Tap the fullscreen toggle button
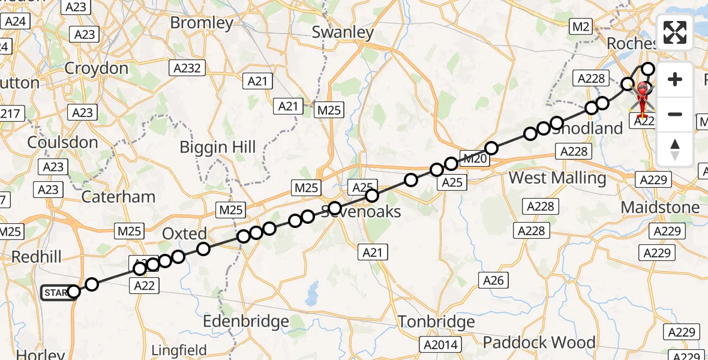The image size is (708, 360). [x=675, y=32]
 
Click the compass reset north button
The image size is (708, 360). [x=675, y=149]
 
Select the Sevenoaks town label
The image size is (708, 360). [x=361, y=212]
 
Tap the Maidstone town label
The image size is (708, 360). [x=660, y=208]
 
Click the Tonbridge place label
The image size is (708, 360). [x=436, y=322]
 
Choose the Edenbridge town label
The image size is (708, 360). [x=245, y=322]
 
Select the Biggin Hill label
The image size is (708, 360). [x=218, y=147]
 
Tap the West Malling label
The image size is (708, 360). [x=557, y=178]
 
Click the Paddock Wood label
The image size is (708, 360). [x=539, y=343]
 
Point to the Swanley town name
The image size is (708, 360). [x=343, y=32]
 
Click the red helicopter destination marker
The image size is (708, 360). [x=643, y=96]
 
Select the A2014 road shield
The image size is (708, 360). [x=441, y=344]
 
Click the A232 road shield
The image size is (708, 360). [x=187, y=68]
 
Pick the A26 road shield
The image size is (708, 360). [x=493, y=280]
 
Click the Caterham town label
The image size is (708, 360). [x=118, y=197]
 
